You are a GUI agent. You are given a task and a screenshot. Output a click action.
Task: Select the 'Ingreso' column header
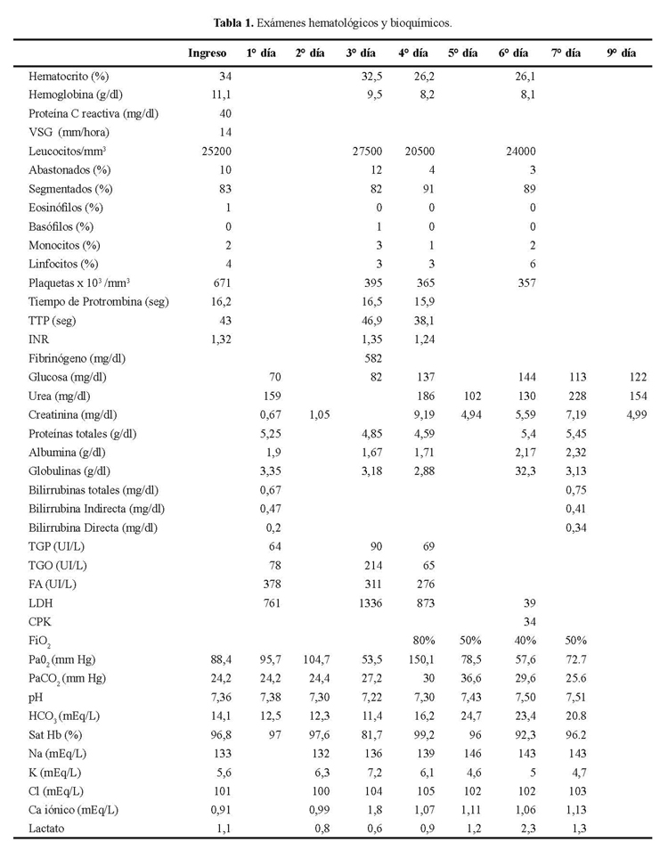[207, 53]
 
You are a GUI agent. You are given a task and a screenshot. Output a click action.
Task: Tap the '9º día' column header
[621, 53]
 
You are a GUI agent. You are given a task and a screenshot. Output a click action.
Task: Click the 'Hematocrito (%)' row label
[69, 77]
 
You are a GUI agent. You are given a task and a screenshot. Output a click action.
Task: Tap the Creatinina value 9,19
[422, 414]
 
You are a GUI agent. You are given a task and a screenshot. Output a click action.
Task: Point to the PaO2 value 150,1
[420, 659]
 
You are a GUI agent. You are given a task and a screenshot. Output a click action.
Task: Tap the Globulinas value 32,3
[523, 470]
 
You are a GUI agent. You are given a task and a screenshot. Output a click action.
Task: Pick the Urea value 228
[574, 396]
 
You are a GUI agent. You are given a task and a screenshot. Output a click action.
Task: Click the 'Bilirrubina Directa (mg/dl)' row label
[94, 528]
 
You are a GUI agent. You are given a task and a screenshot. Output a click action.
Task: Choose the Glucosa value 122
[636, 377]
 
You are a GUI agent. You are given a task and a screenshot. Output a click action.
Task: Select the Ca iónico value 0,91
[220, 810]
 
